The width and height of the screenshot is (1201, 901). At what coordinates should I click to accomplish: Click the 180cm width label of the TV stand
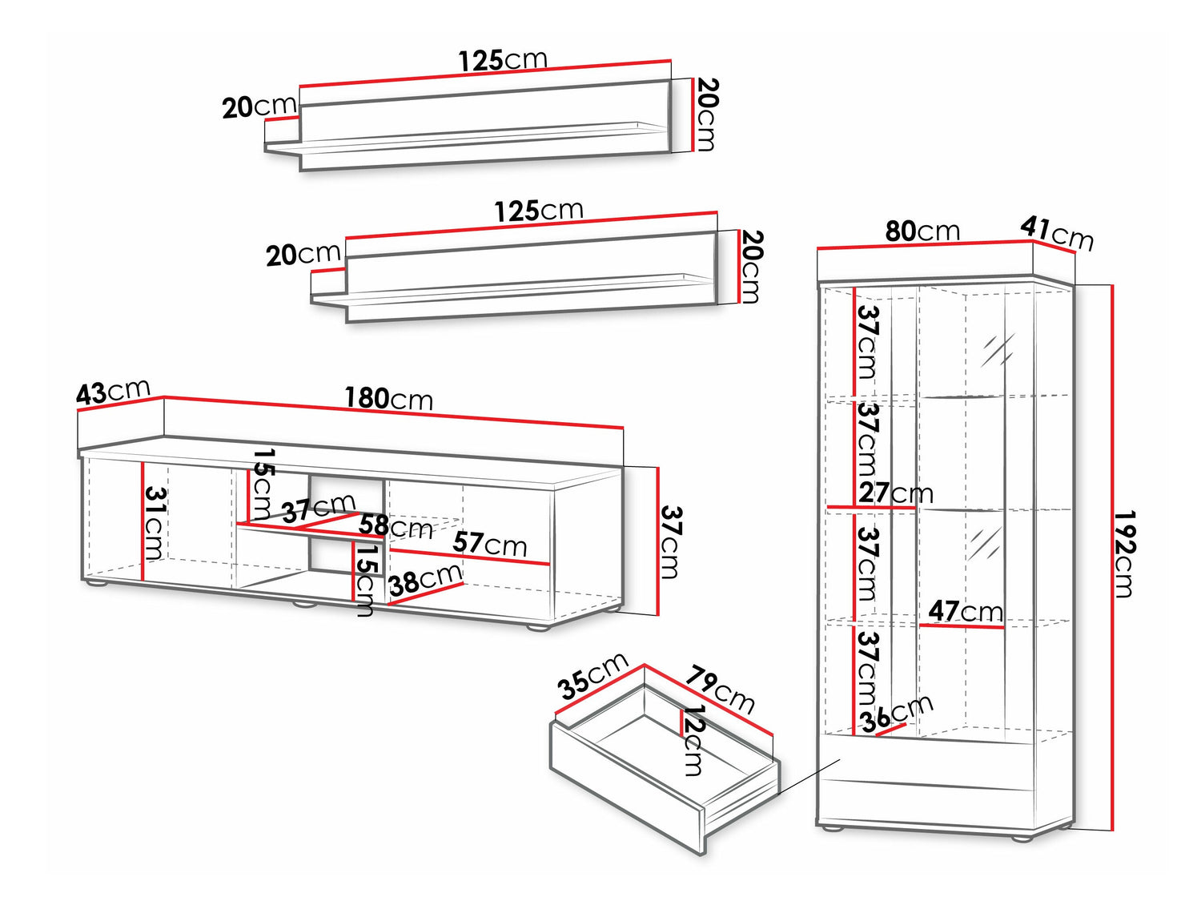[x=388, y=398]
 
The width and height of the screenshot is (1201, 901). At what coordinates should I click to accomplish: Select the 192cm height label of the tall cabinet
[x=1125, y=554]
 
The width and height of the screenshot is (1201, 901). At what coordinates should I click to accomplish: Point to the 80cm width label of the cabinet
[x=922, y=231]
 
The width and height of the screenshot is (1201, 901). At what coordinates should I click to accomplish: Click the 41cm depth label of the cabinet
[x=1057, y=234]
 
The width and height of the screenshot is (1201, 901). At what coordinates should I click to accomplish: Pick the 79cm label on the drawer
[x=720, y=689]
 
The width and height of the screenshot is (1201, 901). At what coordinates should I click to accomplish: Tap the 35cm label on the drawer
[x=592, y=676]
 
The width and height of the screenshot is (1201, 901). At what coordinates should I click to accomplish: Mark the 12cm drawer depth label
[x=692, y=739]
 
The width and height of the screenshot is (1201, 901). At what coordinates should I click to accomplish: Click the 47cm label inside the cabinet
[x=965, y=611]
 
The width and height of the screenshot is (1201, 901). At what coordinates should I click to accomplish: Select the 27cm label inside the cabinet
[x=896, y=493]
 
